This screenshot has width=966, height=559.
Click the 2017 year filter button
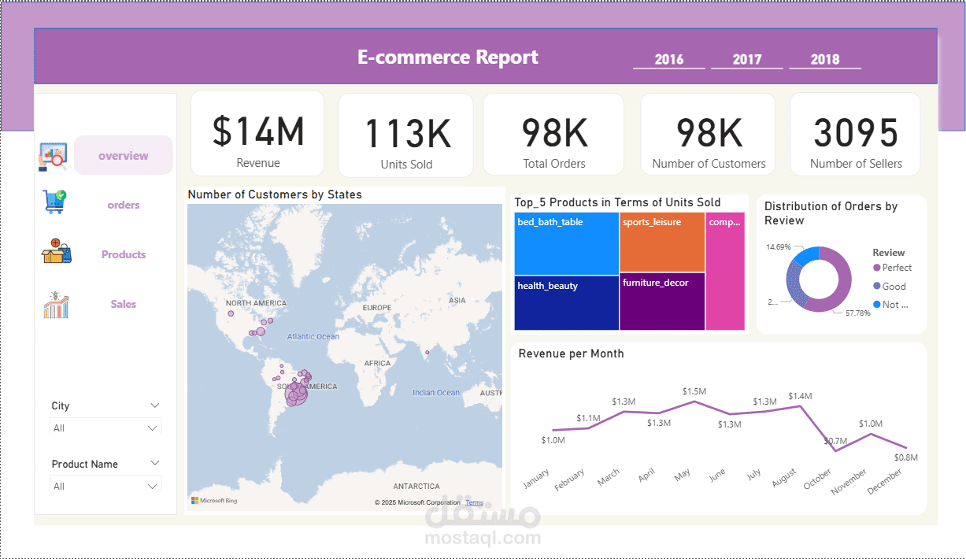[746, 59]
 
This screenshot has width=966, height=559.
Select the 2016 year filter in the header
[668, 59]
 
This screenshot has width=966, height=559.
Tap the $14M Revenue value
[257, 131]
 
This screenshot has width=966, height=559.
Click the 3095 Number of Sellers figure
[856, 133]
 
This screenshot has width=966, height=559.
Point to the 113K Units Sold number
[406, 134]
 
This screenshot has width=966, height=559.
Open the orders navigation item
[124, 205]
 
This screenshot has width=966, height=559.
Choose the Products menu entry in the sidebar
[124, 254]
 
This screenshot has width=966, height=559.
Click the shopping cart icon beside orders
[55, 202]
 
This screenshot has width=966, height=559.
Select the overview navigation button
[123, 156]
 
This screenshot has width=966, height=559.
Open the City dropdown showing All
[105, 428]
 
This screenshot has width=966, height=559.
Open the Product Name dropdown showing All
[105, 487]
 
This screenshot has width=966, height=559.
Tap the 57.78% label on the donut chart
[857, 313]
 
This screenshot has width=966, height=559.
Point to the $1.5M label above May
[694, 391]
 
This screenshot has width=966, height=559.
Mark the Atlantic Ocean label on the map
[313, 336]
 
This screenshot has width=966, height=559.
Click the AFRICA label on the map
[377, 363]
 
